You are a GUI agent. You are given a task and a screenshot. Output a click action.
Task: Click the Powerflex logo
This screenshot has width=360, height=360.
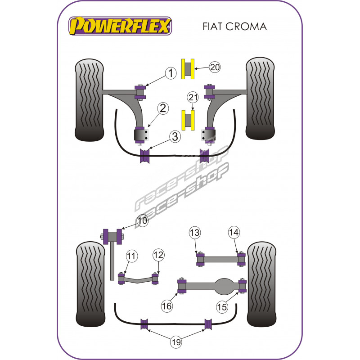120,26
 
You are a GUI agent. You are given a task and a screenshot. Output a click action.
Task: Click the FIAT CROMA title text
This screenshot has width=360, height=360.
234,27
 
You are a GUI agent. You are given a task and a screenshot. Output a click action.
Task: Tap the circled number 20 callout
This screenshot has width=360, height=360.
215,67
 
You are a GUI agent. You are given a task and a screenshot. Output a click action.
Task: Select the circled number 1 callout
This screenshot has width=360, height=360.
171,73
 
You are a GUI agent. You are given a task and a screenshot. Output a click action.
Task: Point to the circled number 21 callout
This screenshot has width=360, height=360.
193,98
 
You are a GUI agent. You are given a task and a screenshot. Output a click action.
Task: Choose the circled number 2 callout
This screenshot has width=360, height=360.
163,108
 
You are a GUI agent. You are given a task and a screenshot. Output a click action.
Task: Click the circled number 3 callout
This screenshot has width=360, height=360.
175,137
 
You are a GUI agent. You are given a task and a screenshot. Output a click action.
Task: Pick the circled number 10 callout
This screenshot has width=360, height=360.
142,220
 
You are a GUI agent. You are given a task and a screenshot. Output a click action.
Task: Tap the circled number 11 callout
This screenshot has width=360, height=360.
131,256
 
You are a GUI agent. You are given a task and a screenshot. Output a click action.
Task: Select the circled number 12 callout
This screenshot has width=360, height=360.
159,255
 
